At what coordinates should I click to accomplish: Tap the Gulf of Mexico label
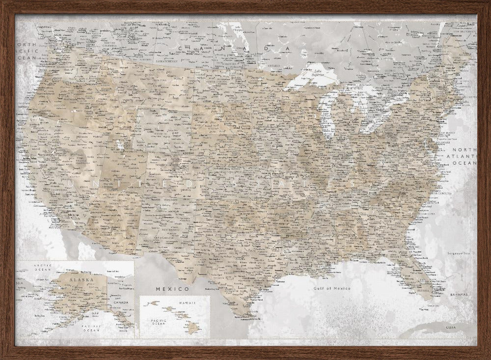tap(332, 288)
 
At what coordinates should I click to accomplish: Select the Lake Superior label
tap(313, 74)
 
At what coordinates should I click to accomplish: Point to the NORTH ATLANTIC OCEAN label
tap(464, 156)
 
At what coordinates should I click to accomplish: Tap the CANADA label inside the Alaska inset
tap(120, 303)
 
